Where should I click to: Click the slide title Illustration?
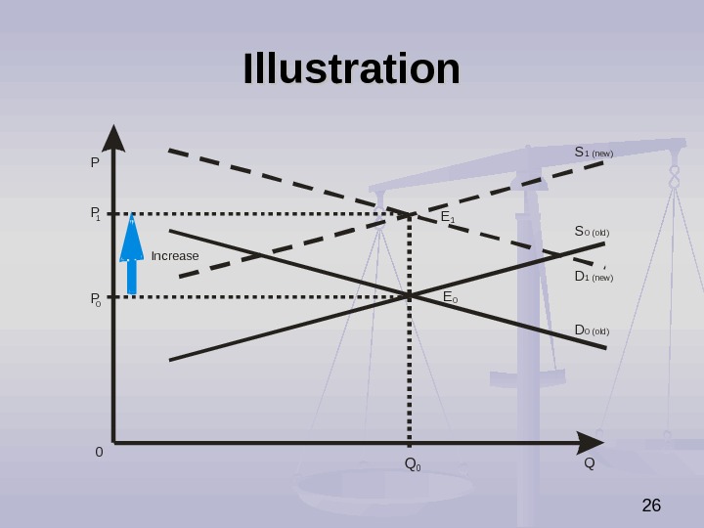coord(351,69)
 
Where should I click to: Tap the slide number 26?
coord(651,506)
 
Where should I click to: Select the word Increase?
coord(175,256)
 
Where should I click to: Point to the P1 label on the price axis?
coord(96,213)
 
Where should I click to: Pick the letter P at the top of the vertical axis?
coord(95,162)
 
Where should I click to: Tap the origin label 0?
coord(99,453)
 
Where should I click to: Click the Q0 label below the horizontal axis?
coord(412,463)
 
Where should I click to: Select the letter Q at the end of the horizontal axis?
coord(589,462)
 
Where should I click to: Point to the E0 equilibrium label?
coord(450,297)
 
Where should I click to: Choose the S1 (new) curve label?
coord(593,153)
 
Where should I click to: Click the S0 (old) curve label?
coord(592,232)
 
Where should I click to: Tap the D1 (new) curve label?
coord(593,277)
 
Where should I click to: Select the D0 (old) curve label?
coord(592,330)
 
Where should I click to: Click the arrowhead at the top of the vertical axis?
coord(114,138)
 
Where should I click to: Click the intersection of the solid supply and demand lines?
coord(410,294)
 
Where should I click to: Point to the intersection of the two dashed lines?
coord(410,213)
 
